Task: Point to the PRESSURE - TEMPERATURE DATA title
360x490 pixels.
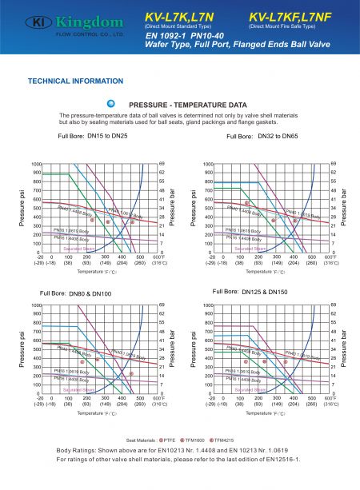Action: [187, 105]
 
